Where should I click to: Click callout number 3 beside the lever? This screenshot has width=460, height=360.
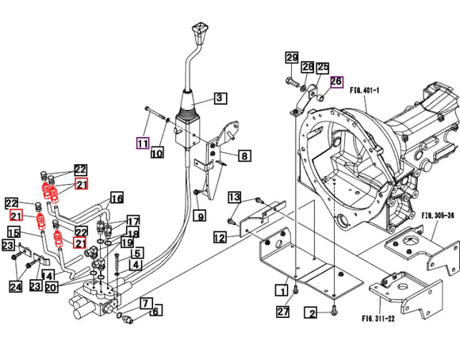point(220,100)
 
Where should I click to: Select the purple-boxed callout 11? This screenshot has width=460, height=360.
point(142,144)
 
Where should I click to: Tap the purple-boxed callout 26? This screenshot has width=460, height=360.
point(335,82)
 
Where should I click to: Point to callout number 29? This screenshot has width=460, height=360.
point(292,58)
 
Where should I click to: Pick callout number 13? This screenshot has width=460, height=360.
point(235,197)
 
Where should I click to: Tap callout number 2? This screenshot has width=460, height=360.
point(312,314)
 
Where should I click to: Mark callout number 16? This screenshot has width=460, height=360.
point(117,198)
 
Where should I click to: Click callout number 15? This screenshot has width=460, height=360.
point(14,232)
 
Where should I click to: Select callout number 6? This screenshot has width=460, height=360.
point(155,311)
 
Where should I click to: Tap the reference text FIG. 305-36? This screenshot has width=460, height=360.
point(437,214)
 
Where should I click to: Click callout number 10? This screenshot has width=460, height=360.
point(157,154)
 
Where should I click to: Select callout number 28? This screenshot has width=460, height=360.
point(308,67)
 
